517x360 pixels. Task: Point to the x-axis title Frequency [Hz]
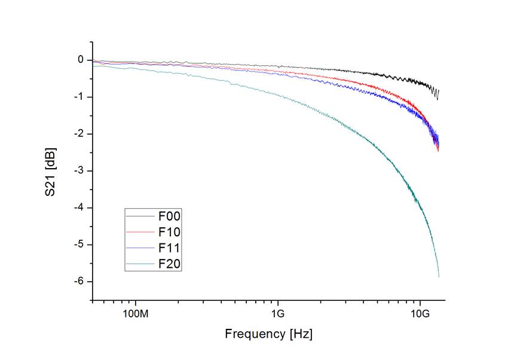coord(268,334)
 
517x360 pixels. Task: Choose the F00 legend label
coord(169,215)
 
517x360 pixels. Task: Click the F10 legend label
coord(169,231)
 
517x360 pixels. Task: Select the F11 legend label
coord(169,248)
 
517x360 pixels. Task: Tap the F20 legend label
coord(169,264)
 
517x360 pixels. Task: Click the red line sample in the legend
coord(141,231)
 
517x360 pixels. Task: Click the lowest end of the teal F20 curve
coord(439,277)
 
